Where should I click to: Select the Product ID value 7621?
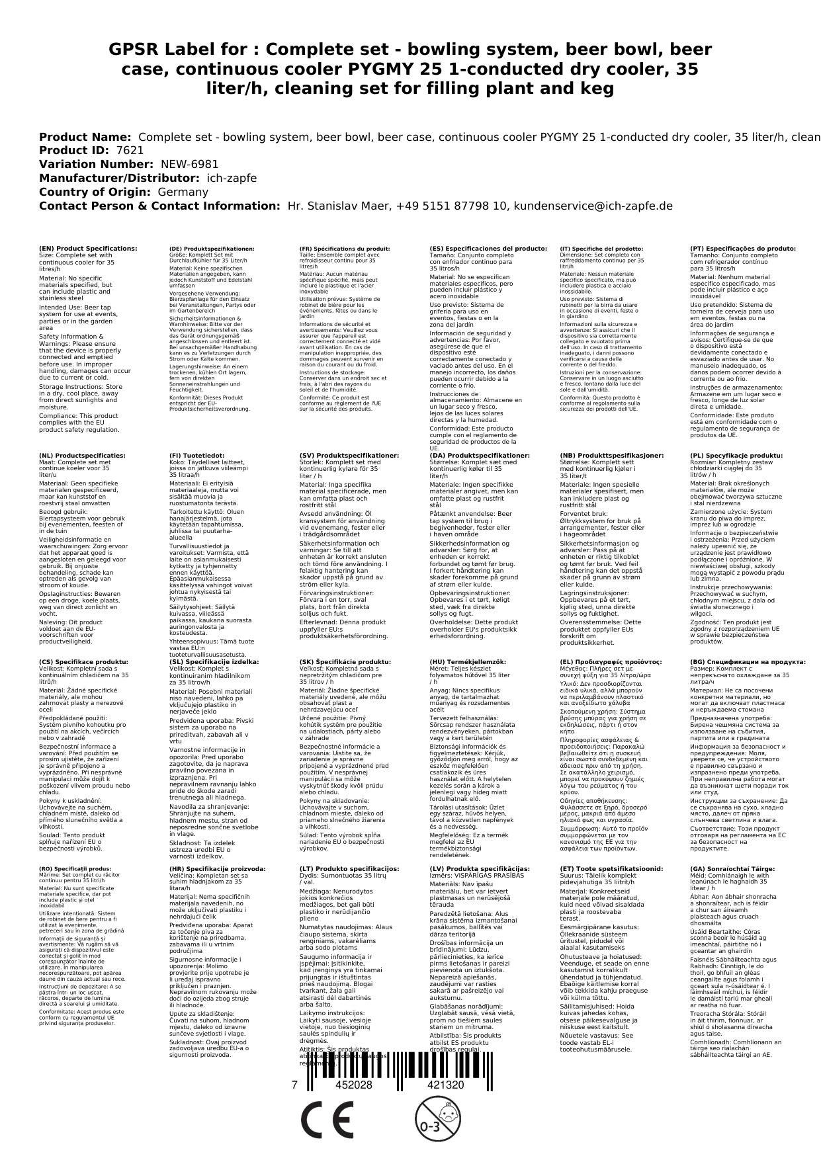[x=130, y=150]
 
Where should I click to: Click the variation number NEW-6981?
[x=189, y=164]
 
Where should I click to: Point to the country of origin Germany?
[x=183, y=192]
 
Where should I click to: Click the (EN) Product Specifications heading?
[x=88, y=249]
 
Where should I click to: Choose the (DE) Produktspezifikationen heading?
[x=212, y=249]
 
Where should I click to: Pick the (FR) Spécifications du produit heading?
[x=345, y=249]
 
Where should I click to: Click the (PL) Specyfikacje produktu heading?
[x=736, y=456]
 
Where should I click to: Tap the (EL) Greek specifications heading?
[x=611, y=661]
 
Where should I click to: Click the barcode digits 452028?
[x=354, y=1085]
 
